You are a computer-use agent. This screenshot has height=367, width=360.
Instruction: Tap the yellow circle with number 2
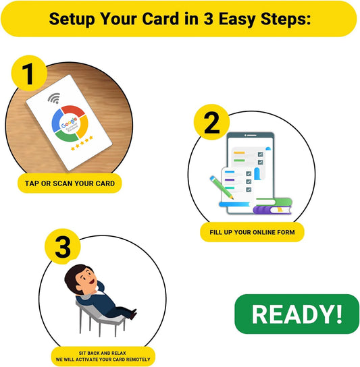pos(211,123)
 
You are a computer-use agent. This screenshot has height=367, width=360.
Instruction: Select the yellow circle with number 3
pos(62,248)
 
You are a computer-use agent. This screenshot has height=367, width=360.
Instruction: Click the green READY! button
pos(297,314)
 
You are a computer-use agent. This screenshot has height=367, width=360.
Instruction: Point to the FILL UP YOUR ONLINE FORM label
pos(252,232)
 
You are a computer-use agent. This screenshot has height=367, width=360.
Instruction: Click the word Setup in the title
pos(73,18)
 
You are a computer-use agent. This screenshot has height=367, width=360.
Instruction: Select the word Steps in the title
pos(281,18)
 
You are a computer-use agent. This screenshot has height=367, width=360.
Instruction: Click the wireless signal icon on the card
pos(53,98)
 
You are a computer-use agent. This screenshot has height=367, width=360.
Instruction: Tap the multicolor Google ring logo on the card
pos(70,125)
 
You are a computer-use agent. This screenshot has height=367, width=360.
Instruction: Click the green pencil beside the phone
pos(220,187)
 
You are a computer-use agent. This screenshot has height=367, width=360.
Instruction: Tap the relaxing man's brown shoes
pos(131,313)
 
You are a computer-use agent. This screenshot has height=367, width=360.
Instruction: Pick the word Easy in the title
pos(234,18)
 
